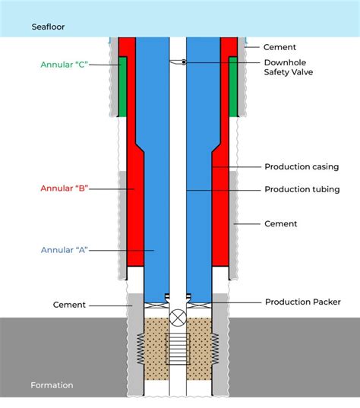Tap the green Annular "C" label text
tap(63, 65)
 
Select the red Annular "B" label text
tap(64, 187)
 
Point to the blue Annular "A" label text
tap(64, 249)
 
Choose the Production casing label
tap(301, 166)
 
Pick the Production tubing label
tap(302, 189)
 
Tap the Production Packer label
tap(302, 302)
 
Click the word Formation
tap(52, 385)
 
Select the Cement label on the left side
tap(69, 305)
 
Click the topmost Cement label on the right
tap(279, 47)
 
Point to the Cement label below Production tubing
tap(280, 224)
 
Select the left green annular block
tap(122, 86)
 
